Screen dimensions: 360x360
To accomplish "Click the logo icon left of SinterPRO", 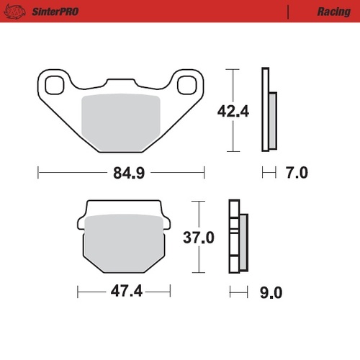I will click(x=17, y=11).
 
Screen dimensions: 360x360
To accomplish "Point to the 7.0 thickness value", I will click(x=296, y=173).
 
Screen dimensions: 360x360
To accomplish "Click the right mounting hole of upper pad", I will click(x=185, y=84).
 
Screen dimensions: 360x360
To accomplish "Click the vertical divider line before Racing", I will click(x=289, y=12).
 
